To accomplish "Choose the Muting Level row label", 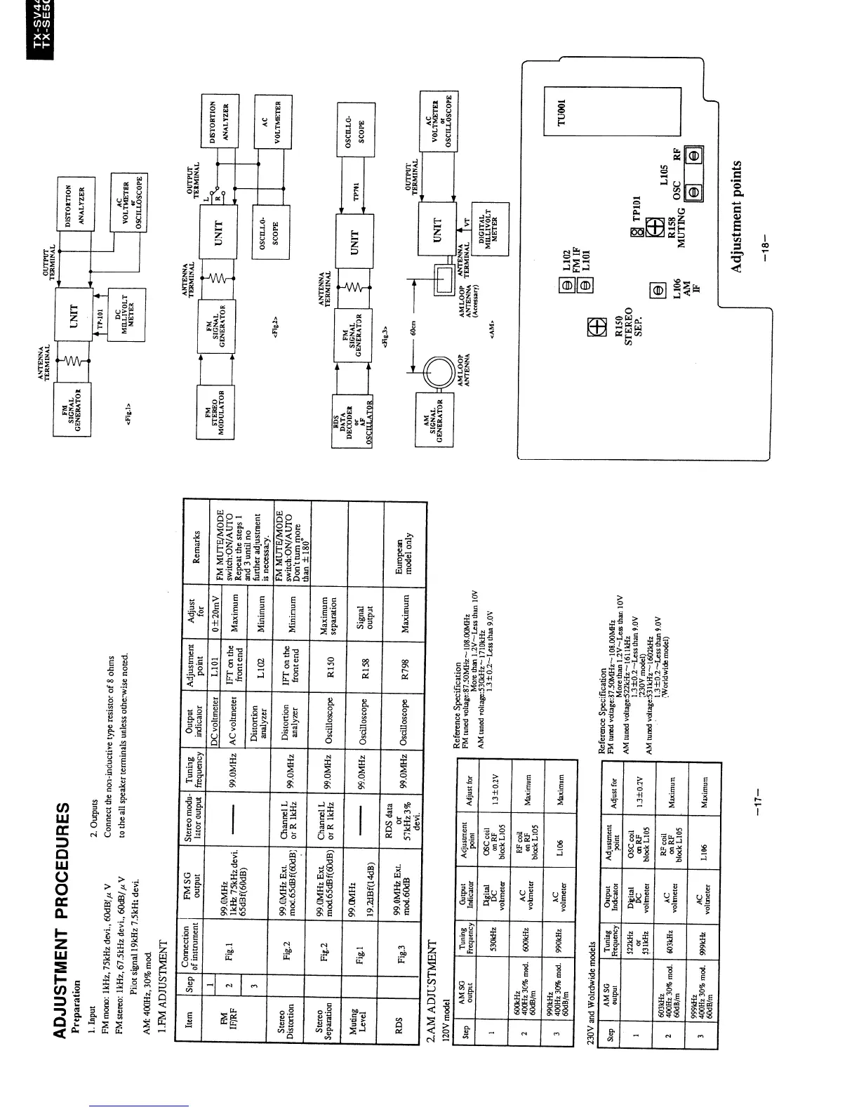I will [x=367, y=1008].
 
